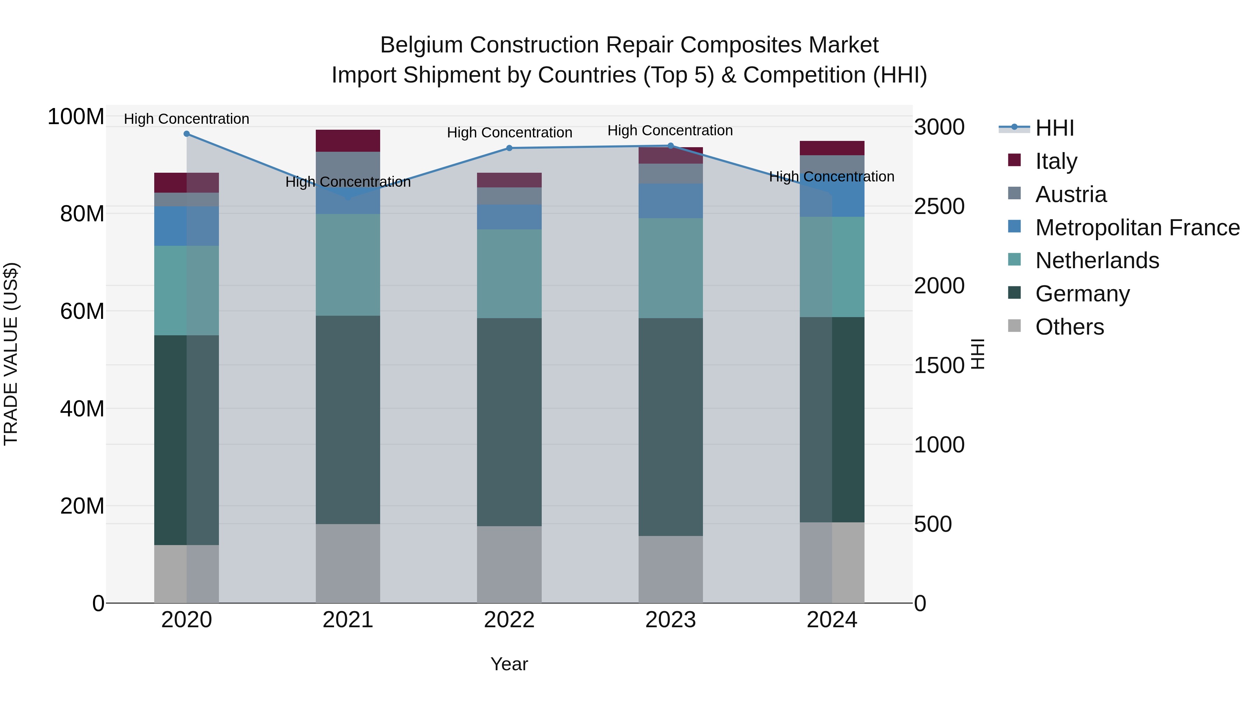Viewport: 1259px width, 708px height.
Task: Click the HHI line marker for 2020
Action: coord(187,134)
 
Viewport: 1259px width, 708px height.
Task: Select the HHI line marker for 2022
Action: coord(509,148)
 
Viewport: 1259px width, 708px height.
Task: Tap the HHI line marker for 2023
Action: coord(670,145)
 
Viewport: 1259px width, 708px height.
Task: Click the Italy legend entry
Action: coord(1056,161)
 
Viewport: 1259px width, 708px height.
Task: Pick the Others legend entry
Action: coord(1069,327)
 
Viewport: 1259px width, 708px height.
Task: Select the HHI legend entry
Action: coord(1055,128)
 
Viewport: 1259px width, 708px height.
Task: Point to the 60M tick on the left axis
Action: coord(82,311)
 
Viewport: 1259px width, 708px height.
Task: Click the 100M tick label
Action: coord(76,117)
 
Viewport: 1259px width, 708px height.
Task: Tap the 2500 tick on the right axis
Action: coord(939,206)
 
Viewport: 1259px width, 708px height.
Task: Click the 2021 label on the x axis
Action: coord(348,620)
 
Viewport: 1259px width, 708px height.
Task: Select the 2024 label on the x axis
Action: coord(832,620)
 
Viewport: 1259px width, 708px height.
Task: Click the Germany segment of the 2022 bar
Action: coord(509,422)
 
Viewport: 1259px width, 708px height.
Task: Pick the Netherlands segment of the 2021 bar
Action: coord(348,264)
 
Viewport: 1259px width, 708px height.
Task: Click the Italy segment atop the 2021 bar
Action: coord(348,141)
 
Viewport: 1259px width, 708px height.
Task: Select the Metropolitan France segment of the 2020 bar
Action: coord(187,226)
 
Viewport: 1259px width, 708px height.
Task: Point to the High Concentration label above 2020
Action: coord(187,119)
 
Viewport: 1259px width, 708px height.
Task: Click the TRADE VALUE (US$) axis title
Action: coord(11,354)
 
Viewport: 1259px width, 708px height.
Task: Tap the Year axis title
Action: coord(509,664)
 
